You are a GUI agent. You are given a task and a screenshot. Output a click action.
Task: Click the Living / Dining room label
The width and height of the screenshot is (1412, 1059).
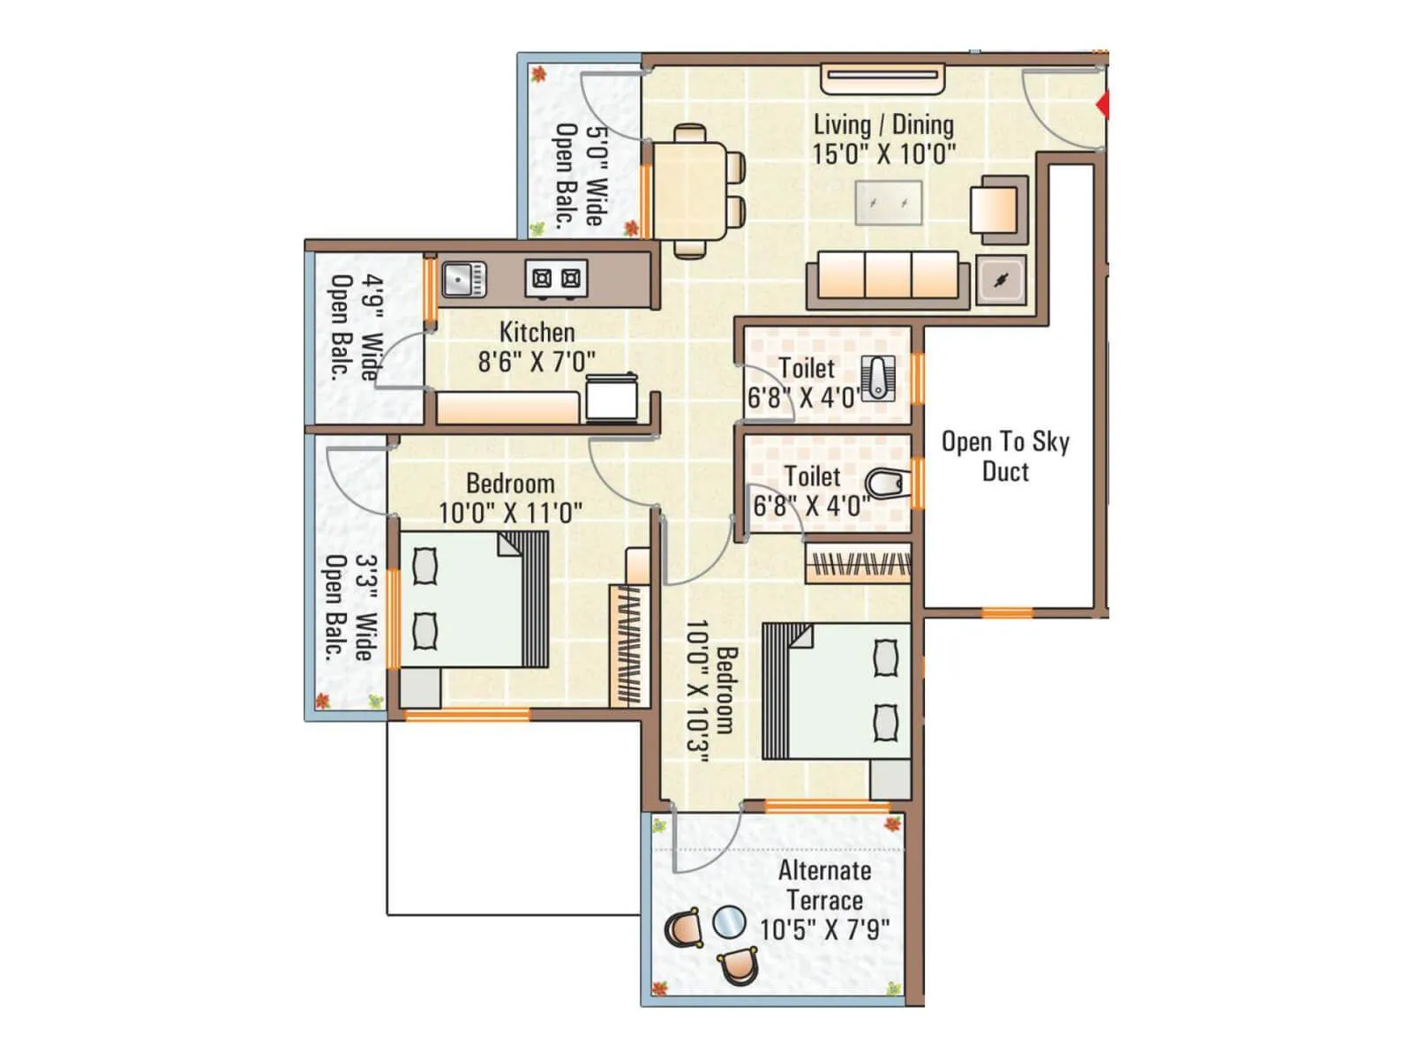pyautogui.click(x=883, y=125)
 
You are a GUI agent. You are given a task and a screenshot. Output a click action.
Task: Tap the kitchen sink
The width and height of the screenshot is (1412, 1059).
pyautogui.click(x=462, y=280)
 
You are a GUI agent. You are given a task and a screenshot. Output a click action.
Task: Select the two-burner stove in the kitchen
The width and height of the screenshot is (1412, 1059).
pyautogui.click(x=556, y=279)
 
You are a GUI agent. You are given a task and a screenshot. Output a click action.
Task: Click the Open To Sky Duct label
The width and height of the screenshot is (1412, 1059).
pyautogui.click(x=1005, y=456)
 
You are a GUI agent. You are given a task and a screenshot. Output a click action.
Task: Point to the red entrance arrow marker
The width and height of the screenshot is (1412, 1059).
pyautogui.click(x=1102, y=106)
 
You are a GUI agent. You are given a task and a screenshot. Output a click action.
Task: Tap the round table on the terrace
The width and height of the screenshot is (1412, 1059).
pyautogui.click(x=728, y=924)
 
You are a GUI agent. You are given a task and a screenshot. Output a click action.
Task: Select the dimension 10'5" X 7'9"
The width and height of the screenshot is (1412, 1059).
pyautogui.click(x=824, y=929)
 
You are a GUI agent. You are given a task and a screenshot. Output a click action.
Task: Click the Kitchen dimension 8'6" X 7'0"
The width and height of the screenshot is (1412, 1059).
pyautogui.click(x=536, y=361)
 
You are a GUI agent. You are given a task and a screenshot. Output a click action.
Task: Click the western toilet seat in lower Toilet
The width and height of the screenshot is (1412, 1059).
pyautogui.click(x=885, y=484)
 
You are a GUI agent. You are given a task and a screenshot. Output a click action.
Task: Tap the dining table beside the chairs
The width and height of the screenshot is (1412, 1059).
pyautogui.click(x=689, y=189)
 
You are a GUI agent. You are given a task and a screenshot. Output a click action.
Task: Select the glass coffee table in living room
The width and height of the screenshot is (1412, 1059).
pyautogui.click(x=889, y=203)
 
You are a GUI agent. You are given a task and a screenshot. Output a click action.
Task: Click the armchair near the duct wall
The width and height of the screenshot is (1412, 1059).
pyautogui.click(x=998, y=209)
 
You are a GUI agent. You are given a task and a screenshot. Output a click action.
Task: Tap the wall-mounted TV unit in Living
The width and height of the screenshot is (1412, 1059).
pyautogui.click(x=882, y=78)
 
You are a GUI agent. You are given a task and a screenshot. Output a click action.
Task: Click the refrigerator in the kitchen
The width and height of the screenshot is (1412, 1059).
pyautogui.click(x=612, y=396)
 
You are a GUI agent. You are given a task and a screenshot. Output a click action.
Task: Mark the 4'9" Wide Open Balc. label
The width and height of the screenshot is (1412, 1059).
pyautogui.click(x=357, y=327)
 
